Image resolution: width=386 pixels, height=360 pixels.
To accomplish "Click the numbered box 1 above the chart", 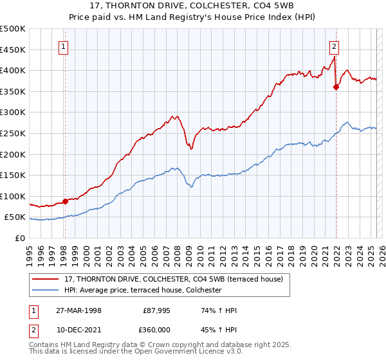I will point(65,46).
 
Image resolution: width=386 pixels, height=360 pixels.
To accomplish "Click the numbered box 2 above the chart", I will point(335,46).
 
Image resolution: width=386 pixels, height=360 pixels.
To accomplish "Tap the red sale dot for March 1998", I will point(65,201).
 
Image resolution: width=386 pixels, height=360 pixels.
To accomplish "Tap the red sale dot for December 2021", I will point(336,87).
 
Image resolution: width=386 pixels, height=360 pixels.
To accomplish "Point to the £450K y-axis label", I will point(14,50).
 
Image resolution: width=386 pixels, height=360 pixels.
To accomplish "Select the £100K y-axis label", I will point(14,196).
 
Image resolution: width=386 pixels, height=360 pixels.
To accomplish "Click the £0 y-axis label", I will point(19,238).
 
